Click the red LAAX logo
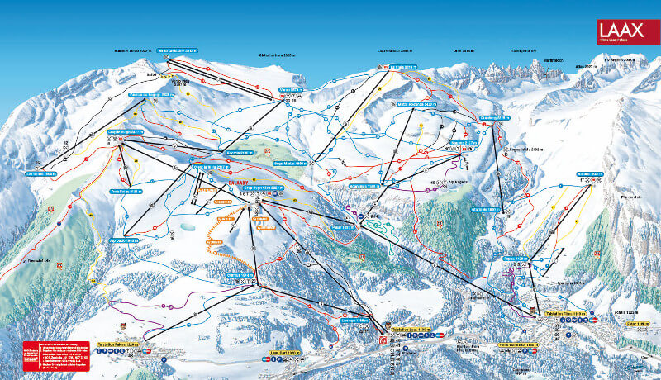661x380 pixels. click(x=626, y=31)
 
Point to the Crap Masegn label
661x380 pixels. click(x=126, y=131)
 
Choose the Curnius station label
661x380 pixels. click(x=240, y=274)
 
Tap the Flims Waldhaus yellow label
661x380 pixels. click(x=519, y=343)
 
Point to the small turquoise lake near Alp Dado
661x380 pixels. click(x=187, y=225)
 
